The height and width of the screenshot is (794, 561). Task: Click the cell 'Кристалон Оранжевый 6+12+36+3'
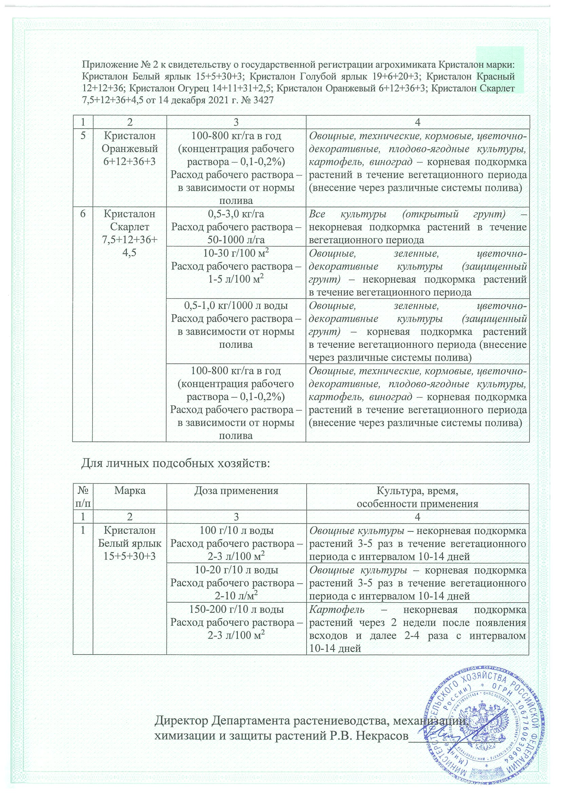(x=129, y=149)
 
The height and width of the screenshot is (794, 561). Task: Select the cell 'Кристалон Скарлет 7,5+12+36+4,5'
(x=129, y=233)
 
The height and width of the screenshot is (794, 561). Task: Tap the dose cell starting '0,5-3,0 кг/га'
(x=236, y=227)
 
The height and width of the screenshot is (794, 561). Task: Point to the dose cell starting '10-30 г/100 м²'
(x=236, y=267)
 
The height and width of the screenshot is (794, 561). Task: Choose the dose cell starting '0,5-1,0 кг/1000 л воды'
(x=236, y=325)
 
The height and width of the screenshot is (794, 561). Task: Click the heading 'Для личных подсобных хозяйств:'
(x=175, y=463)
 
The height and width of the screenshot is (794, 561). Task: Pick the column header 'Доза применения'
(x=236, y=490)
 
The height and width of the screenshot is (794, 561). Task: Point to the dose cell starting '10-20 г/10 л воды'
(x=236, y=583)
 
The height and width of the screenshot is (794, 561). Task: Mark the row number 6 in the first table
(x=82, y=214)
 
